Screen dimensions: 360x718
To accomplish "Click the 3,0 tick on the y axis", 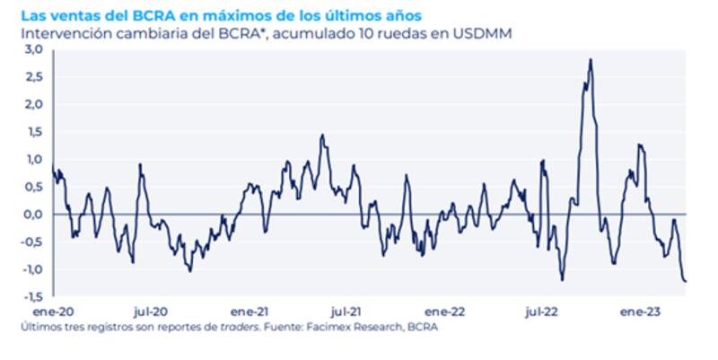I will (34, 49).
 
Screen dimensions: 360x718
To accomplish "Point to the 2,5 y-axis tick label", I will (34, 77).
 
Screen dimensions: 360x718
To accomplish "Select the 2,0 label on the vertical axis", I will (34, 104).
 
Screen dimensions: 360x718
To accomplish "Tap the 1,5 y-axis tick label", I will (34, 132).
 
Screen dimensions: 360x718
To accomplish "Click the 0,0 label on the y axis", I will (34, 215).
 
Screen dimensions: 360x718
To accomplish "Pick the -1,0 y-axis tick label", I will (32, 269).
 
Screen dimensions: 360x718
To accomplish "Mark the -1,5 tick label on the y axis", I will (32, 296).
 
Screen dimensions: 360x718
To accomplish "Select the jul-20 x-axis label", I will (149, 312).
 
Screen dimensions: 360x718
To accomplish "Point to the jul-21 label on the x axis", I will (345, 312).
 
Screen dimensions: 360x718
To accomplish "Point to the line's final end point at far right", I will (687, 281).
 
